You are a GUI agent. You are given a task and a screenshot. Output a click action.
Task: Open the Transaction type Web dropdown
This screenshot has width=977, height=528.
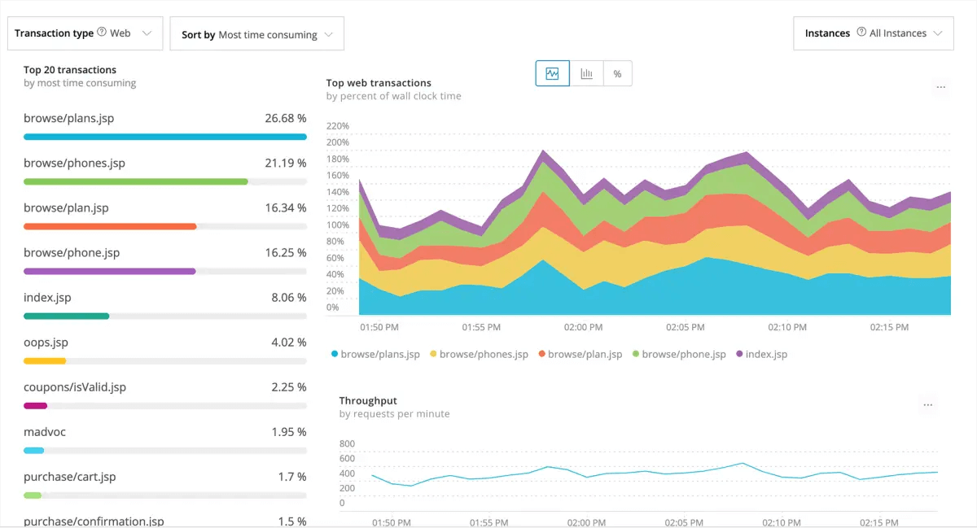pos(85,33)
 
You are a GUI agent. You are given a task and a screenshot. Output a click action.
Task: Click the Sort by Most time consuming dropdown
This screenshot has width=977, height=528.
pos(256,34)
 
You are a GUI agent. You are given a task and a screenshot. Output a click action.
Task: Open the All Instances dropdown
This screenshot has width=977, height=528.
pos(873,33)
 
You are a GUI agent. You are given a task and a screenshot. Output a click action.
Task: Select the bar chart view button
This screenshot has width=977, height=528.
pos(586,73)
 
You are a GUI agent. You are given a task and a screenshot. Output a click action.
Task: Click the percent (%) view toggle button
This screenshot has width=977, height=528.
pos(617,73)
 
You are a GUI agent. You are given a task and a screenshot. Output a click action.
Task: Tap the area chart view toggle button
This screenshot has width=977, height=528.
pos(552,73)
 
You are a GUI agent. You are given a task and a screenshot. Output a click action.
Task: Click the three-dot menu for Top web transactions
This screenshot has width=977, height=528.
pos(941,87)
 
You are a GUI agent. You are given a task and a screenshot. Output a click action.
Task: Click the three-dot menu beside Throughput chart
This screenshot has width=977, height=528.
pos(928,404)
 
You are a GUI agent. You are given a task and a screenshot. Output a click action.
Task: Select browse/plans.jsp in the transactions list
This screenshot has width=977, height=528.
pos(69,119)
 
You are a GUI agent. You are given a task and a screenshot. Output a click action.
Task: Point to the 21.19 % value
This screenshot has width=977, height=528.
pos(285,164)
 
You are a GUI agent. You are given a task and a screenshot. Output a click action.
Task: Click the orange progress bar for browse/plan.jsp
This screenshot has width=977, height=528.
pos(110,226)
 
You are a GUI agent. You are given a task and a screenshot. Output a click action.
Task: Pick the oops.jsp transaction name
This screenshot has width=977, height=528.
pos(46,343)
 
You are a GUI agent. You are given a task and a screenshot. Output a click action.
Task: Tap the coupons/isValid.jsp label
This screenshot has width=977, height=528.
pos(75,387)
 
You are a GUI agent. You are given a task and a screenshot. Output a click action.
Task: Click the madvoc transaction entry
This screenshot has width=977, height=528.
pos(45,432)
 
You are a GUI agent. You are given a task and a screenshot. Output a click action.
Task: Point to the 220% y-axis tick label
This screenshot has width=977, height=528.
pos(337,126)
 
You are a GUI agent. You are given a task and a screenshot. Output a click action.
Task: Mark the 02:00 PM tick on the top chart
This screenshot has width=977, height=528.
pos(583,327)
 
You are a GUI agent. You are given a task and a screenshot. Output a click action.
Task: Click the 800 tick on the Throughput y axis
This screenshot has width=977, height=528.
pos(347,444)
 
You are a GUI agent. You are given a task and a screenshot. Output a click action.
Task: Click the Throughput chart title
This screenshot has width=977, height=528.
pos(368,400)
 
